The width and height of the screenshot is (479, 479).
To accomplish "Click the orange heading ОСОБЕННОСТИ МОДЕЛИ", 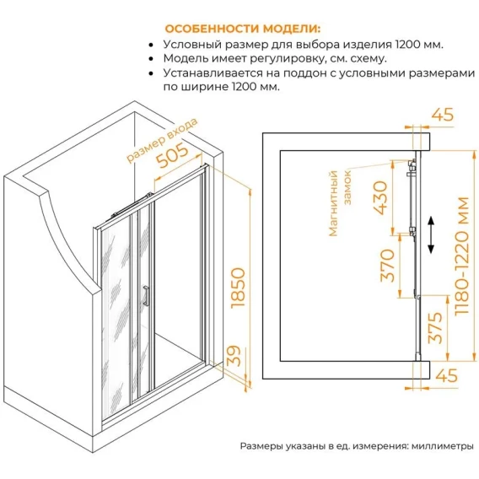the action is [x=243, y=29].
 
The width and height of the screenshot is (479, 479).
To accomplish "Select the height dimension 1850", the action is [x=238, y=288].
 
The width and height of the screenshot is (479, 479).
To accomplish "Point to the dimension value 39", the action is [x=234, y=356].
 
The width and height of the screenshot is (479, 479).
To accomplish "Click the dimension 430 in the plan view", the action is [x=380, y=198].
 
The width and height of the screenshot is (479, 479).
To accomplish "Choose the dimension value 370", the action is [x=387, y=265].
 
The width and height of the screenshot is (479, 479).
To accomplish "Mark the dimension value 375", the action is [x=435, y=327].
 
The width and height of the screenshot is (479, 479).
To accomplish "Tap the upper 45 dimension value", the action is [x=443, y=115].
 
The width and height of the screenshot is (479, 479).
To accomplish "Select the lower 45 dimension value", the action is [x=446, y=375].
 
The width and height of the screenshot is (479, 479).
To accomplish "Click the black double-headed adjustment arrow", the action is [x=431, y=234].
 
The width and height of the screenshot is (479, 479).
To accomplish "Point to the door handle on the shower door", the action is [x=147, y=295].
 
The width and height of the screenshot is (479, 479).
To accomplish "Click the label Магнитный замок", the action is [x=340, y=203].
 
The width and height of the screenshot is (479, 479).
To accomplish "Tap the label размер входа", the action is [x=162, y=140].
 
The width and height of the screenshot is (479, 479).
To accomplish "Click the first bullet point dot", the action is [x=151, y=45].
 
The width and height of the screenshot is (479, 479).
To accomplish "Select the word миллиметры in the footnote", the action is [x=443, y=446].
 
